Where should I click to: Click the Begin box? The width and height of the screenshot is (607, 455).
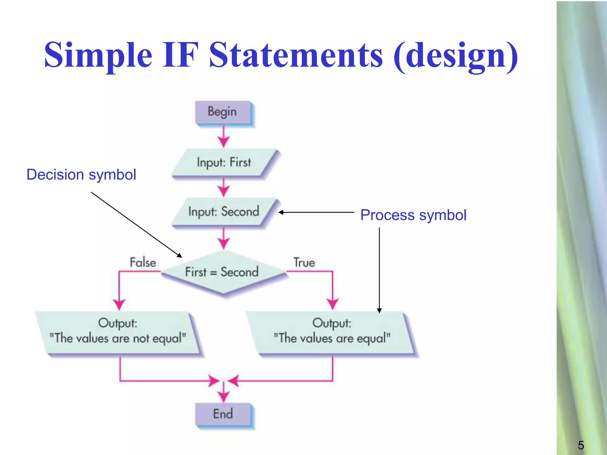223,112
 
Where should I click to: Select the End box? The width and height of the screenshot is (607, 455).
223,414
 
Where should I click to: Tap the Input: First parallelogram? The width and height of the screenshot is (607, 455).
224,163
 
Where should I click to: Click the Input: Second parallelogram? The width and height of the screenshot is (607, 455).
224,212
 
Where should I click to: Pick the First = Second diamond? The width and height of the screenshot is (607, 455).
222,272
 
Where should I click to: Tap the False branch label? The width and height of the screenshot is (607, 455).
143,262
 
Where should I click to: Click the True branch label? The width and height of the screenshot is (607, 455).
304,262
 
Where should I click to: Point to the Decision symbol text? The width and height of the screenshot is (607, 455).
81,174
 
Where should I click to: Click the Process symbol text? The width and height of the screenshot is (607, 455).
413,215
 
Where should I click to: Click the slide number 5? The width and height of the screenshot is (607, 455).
581,445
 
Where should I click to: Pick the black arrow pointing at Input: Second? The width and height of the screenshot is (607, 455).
316,212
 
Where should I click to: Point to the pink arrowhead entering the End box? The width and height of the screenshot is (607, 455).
223,396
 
